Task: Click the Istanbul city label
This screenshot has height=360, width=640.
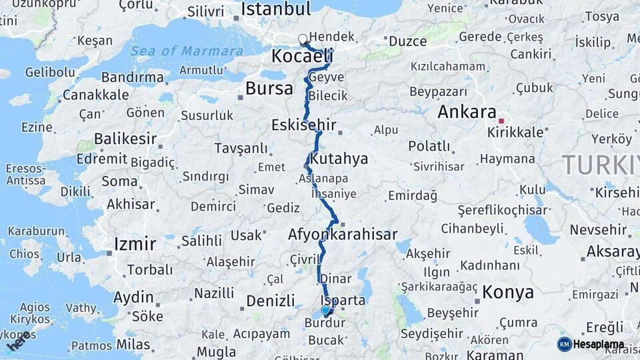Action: click(276, 9)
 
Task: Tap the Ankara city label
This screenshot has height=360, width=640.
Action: click(467, 112)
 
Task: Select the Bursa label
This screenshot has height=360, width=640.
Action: click(269, 88)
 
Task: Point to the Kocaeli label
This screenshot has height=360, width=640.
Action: click(302, 57)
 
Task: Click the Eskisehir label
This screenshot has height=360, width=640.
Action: click(303, 125)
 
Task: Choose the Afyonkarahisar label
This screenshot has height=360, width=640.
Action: click(343, 235)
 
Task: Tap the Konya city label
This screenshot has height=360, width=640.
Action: click(508, 292)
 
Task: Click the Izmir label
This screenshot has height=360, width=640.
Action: click(135, 243)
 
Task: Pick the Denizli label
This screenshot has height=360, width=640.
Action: click(271, 301)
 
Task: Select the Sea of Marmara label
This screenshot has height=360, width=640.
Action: click(187, 51)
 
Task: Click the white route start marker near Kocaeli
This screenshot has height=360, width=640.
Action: click(303, 39)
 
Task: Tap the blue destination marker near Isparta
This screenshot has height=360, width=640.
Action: click(325, 310)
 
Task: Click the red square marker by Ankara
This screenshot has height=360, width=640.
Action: click(501, 121)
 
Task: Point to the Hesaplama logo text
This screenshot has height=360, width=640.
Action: click(599, 345)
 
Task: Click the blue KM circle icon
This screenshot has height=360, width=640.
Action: click(564, 345)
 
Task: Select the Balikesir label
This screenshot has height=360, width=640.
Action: click(125, 139)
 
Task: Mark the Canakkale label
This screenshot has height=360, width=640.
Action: click(95, 95)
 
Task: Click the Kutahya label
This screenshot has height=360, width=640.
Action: click(339, 159)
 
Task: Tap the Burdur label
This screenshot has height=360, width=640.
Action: click(325, 323)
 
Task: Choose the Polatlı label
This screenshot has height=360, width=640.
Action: click(429, 146)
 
